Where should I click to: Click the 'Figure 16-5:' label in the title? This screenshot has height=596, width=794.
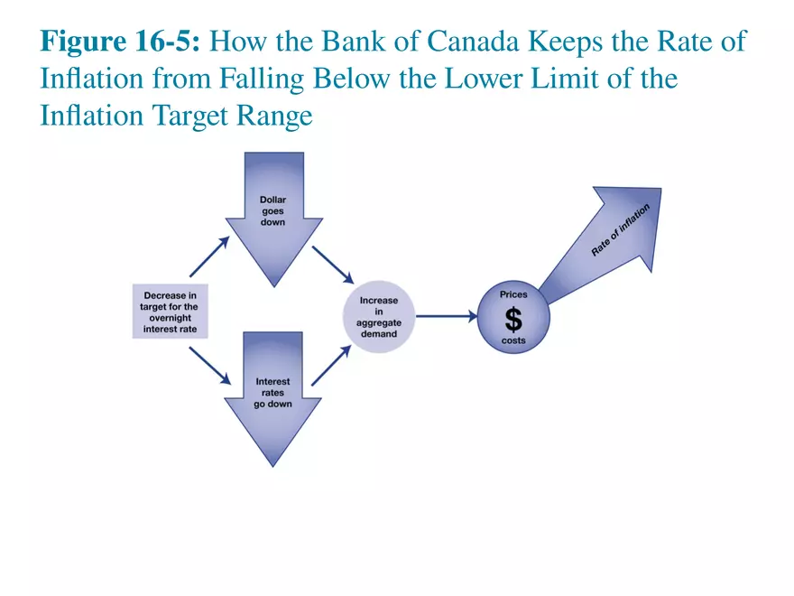(x=125, y=42)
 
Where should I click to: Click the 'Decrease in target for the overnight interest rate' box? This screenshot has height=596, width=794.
(x=170, y=312)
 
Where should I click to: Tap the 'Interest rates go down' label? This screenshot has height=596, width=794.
(x=272, y=393)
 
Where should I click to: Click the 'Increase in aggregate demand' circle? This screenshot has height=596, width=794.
(x=379, y=316)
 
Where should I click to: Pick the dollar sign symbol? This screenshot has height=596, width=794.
(x=512, y=319)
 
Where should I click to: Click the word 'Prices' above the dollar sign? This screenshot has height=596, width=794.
(x=513, y=295)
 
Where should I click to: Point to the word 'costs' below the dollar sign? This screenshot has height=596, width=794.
(x=513, y=340)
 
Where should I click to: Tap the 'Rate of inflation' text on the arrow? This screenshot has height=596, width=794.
(x=620, y=230)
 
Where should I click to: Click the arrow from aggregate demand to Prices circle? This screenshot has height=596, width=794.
(x=447, y=316)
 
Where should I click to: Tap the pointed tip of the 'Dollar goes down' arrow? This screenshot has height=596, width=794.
(x=272, y=285)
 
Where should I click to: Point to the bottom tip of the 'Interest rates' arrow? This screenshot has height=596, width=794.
(x=272, y=465)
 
